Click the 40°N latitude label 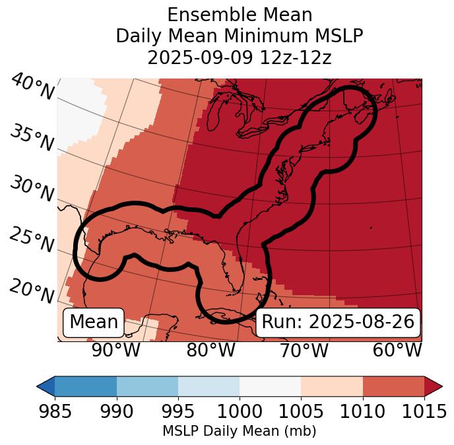coord(32,88)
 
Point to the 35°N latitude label coord(32,138)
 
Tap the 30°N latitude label coord(32,189)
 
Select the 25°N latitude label coord(32,240)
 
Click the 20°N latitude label coord(32,291)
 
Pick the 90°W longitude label coord(115,351)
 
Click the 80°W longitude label coord(211,351)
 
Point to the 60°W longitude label coord(397,351)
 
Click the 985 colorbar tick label coord(55,411)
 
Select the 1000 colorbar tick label coord(240,411)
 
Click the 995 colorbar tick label coord(178,411)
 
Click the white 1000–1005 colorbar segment coord(270,386)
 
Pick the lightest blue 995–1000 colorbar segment coord(209,386)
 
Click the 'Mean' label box coord(94,322)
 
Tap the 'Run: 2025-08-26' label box coord(338,322)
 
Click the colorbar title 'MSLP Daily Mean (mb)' coord(239,431)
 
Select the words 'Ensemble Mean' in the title coord(239,15)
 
